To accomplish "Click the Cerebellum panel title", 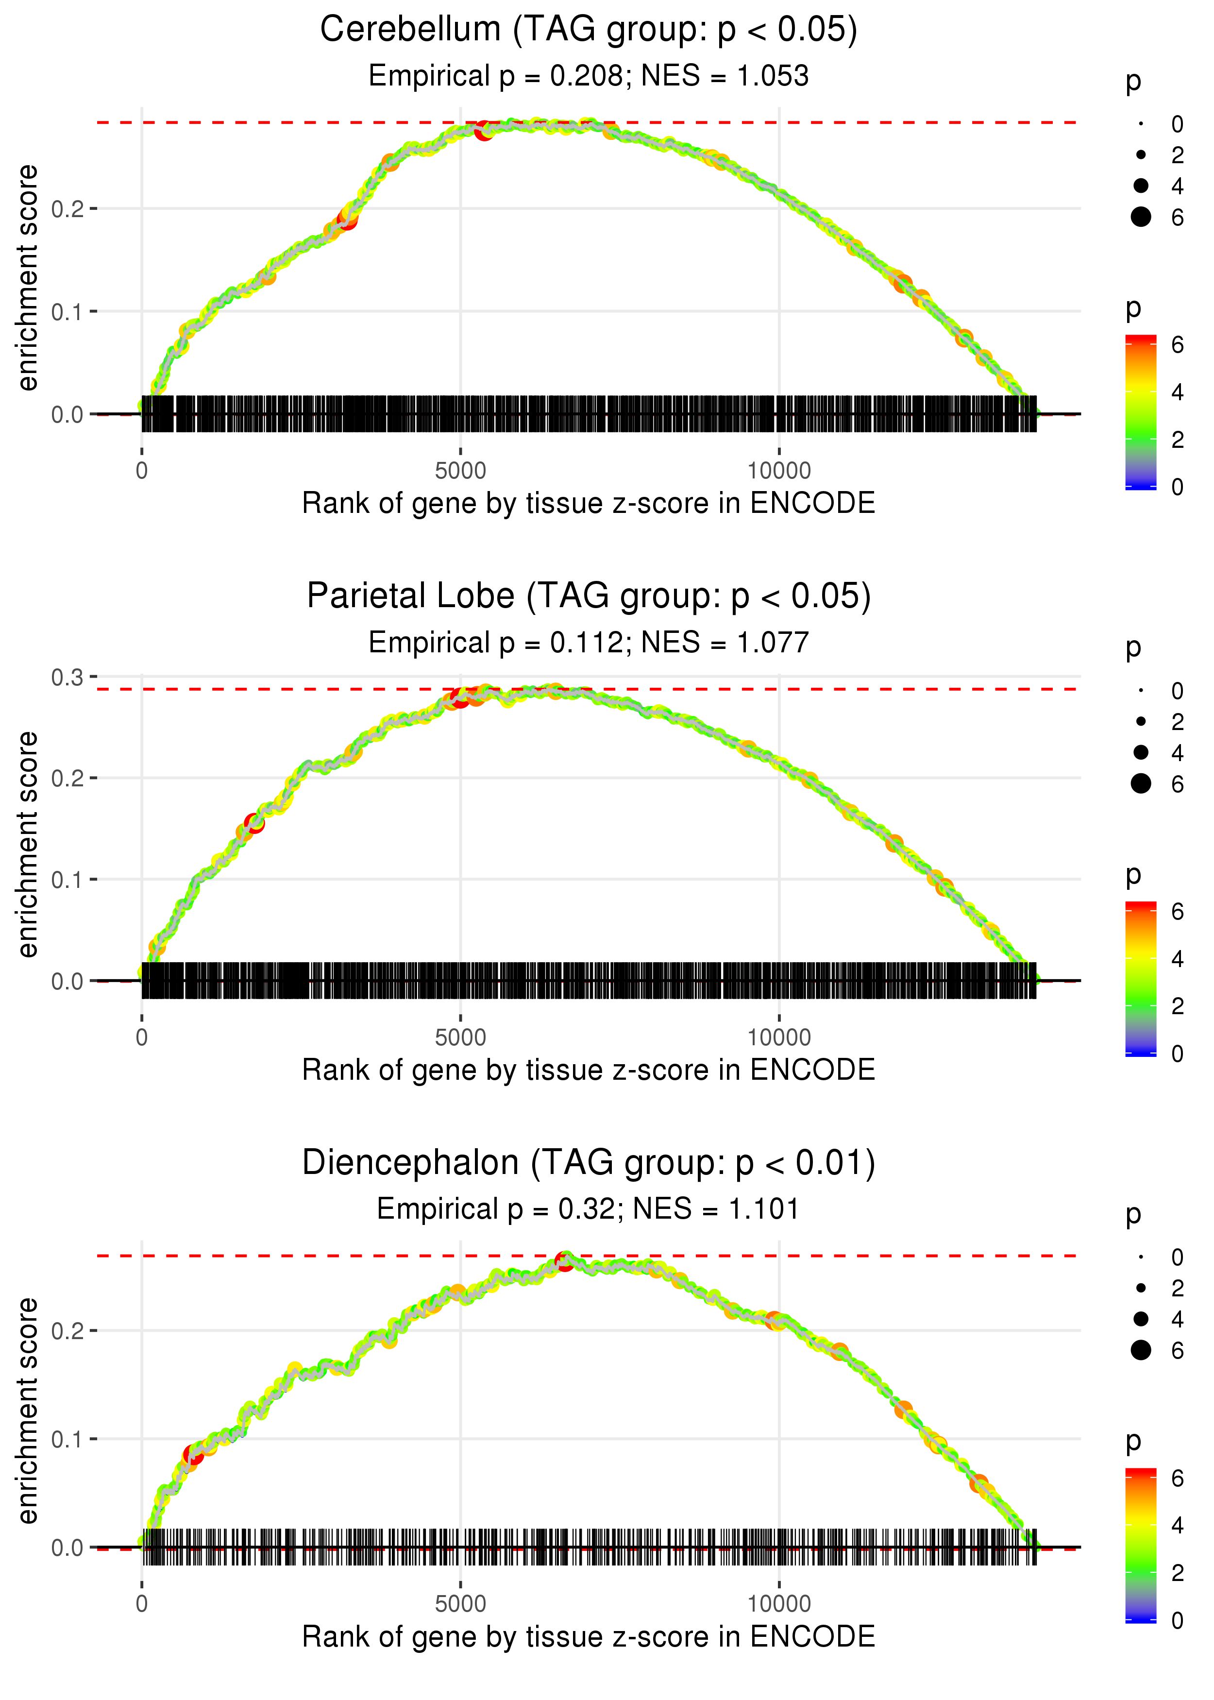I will (589, 30).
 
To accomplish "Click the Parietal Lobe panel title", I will (589, 596).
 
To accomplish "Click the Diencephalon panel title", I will (589, 1163).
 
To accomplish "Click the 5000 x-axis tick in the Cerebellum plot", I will (460, 471).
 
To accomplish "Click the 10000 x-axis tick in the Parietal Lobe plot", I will (779, 1037).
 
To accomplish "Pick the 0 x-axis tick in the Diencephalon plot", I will (142, 1604).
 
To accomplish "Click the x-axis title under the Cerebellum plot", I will (589, 504).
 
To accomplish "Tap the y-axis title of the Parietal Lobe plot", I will (28, 845).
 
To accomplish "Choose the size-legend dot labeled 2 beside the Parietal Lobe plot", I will (1141, 721).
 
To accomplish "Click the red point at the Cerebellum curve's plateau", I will (485, 131).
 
